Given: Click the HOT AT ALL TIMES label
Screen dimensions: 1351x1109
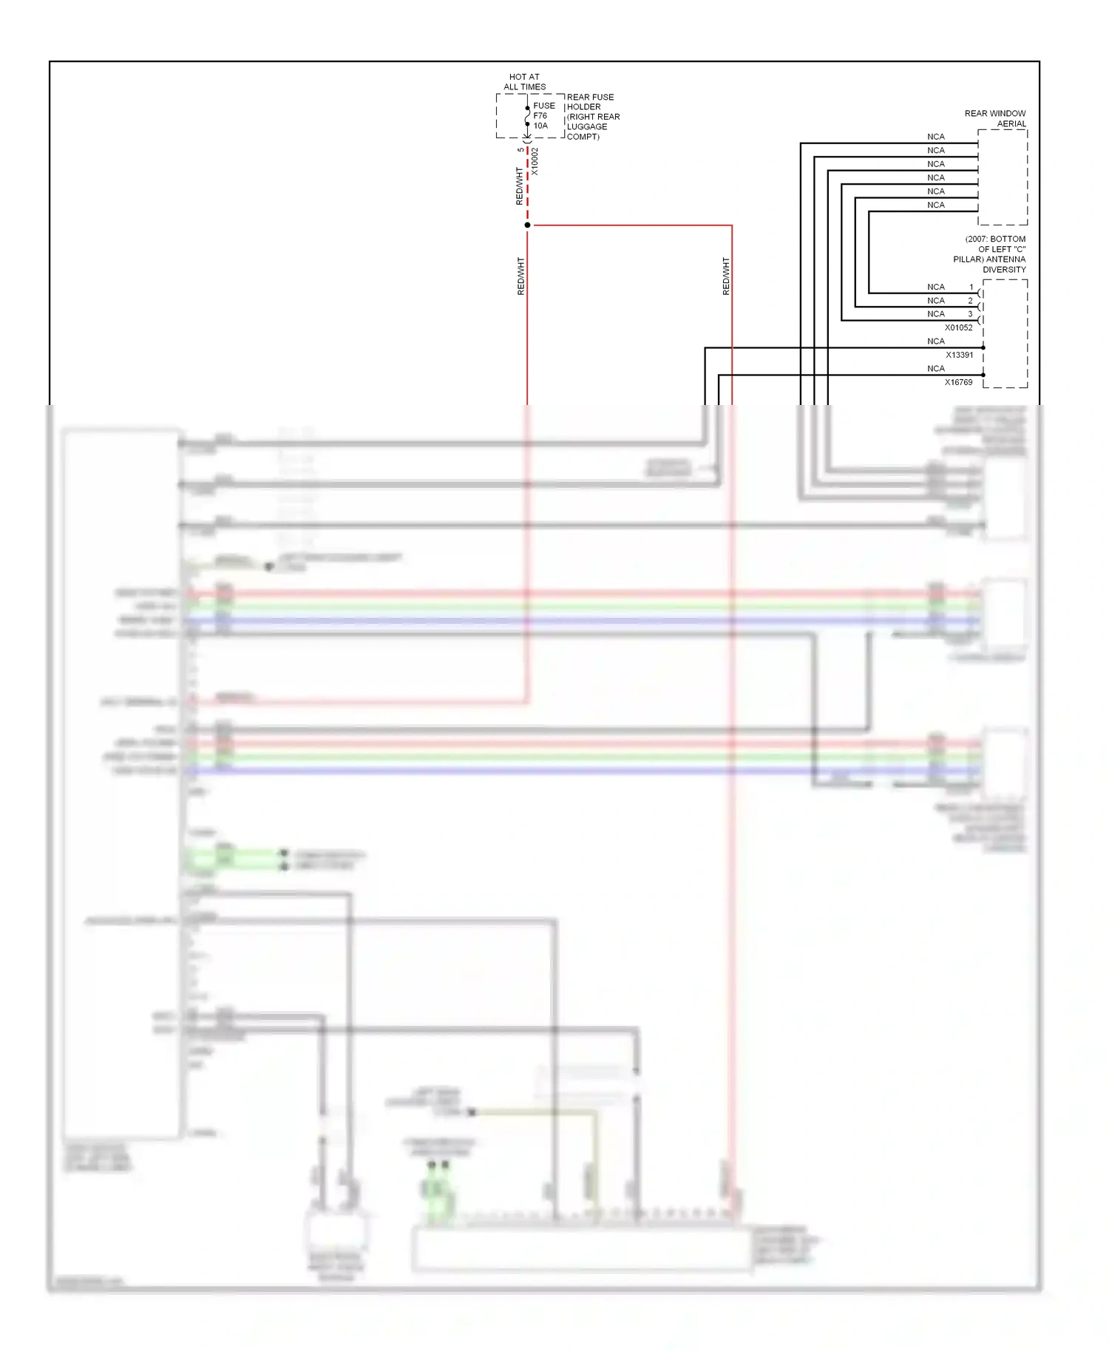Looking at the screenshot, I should point(524,81).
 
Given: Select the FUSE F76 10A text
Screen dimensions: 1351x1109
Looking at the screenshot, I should point(543,116).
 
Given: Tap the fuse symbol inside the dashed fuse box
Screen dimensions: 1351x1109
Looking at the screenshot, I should point(527,116).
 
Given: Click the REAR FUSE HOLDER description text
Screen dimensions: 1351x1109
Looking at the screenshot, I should point(592,117).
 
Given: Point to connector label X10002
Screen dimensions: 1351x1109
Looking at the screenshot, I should point(535,162).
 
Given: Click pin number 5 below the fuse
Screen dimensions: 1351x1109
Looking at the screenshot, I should point(520,150).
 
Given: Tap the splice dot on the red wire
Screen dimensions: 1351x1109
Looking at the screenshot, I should point(527,225).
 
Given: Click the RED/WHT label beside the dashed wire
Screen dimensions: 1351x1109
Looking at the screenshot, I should point(519,186).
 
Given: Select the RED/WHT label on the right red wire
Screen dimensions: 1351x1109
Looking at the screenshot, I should point(725,276).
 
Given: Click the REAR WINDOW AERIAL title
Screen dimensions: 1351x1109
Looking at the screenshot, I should point(995,118).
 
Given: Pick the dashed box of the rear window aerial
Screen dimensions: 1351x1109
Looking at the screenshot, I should point(1003,177).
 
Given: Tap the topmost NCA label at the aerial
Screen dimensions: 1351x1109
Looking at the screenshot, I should point(936,137).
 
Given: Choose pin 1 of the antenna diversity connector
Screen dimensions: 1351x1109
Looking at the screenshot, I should point(971,287).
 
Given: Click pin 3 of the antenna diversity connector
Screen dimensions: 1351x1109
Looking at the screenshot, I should point(971,314).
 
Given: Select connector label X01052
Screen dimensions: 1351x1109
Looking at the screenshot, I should point(958,327).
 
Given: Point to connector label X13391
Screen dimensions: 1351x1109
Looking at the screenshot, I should point(959,355).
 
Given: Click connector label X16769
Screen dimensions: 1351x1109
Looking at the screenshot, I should point(958,382).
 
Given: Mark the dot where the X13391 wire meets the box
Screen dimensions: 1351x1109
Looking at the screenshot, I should point(983,347).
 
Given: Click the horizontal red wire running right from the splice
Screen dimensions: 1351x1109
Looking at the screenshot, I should point(628,225).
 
